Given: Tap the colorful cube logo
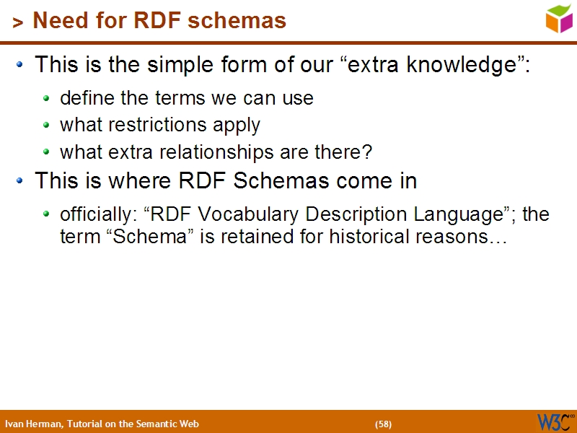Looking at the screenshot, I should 559,19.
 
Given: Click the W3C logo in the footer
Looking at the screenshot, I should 555,421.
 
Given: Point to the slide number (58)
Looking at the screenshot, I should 383,424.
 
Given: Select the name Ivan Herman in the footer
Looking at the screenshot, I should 33,424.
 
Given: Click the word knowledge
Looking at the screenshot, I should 464,65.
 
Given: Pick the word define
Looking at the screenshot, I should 83,98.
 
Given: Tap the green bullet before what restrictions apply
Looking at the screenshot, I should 47,126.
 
